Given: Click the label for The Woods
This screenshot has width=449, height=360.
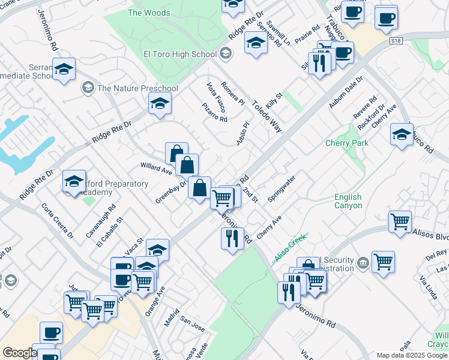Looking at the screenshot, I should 149,13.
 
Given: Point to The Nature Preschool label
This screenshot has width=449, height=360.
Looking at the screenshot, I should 137,88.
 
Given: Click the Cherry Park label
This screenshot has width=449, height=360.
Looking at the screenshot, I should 346,143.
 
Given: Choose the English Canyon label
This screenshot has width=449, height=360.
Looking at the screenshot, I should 348,201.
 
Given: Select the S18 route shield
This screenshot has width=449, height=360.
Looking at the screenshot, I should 394,40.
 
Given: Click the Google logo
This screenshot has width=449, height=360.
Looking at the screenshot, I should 20,353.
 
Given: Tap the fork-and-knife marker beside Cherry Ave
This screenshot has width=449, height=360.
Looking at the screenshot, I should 232,239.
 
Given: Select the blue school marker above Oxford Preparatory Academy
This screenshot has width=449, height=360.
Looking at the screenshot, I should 74,182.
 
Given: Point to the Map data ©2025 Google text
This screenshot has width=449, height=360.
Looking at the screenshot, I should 411,355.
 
